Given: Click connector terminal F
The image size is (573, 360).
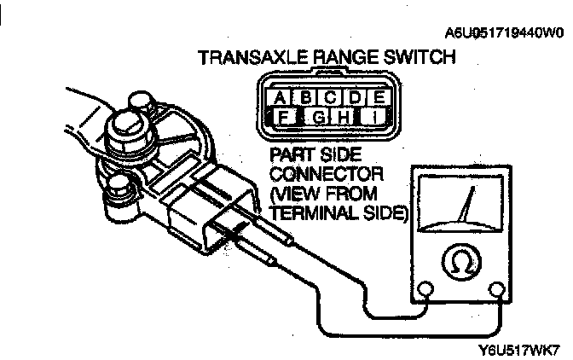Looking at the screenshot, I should [282, 117].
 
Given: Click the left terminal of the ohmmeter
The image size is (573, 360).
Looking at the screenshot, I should [426, 292].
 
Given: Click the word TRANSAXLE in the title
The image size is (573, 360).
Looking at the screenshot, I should [247, 58].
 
